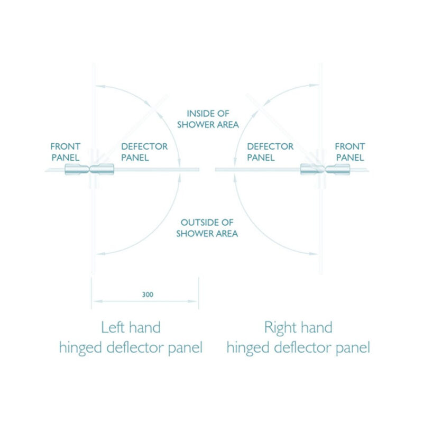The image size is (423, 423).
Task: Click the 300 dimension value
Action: click(x=148, y=295)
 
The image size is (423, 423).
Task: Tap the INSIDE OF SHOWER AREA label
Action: click(x=208, y=119)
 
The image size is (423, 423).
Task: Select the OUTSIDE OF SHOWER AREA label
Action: click(x=207, y=228)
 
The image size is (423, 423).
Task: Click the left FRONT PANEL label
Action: click(x=65, y=152)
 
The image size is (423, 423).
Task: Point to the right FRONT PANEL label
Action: click(x=350, y=152)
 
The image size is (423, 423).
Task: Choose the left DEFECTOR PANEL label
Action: click(x=144, y=152)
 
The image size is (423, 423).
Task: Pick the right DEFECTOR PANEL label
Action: click(x=270, y=152)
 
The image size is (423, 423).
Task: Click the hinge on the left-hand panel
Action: click(x=89, y=169)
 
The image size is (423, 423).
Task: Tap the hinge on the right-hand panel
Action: click(x=325, y=169)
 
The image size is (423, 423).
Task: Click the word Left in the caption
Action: click(x=113, y=327)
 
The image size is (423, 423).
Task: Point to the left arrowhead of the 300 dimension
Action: click(x=98, y=301)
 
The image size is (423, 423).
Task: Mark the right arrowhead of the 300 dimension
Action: click(x=193, y=301)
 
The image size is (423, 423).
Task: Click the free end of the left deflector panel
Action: click(x=199, y=169)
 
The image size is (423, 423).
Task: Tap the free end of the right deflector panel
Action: click(x=216, y=169)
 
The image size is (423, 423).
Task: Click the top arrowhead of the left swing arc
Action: click(x=100, y=87)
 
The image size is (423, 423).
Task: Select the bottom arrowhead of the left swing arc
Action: click(x=101, y=254)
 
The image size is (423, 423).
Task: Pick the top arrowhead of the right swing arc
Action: click(x=314, y=86)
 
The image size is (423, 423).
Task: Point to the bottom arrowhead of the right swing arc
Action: click(x=313, y=254)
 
